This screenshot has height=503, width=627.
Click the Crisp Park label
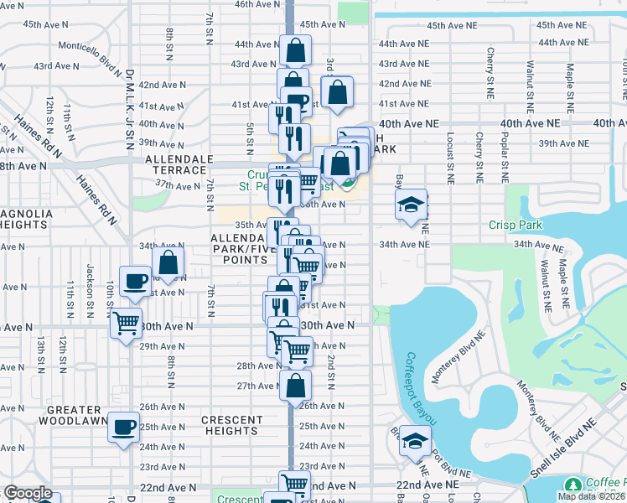pyautogui.click(x=516, y=225)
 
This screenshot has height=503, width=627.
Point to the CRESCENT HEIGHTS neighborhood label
pyautogui.click(x=231, y=425)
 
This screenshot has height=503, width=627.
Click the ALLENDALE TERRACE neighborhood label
pyautogui.click(x=175, y=163)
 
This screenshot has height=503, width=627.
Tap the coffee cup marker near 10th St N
pyautogui.click(x=134, y=282)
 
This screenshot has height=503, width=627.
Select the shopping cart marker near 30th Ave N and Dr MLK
pyautogui.click(x=125, y=322)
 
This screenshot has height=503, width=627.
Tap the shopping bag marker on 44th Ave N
pyautogui.click(x=295, y=50)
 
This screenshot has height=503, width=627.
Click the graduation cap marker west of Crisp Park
pyautogui.click(x=411, y=205)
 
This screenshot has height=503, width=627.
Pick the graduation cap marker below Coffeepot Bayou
pyautogui.click(x=414, y=442)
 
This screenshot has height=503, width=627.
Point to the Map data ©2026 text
pyautogui.click(x=591, y=496)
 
